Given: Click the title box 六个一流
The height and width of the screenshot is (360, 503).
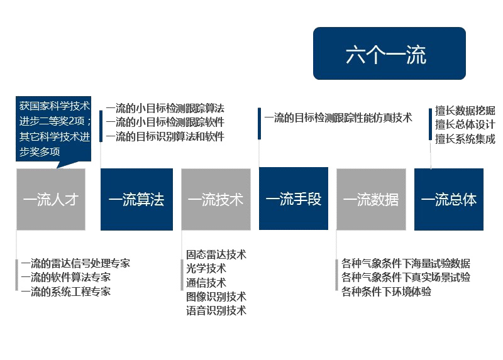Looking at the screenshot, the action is [x=389, y=53].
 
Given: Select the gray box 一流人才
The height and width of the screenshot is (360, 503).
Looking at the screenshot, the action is [x=51, y=199].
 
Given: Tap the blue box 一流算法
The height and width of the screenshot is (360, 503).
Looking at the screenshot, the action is [x=136, y=199].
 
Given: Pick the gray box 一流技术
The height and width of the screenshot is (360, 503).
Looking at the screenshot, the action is [x=216, y=199].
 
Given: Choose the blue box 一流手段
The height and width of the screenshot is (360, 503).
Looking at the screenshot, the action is [x=294, y=199].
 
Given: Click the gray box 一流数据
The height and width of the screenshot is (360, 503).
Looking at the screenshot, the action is [x=371, y=199].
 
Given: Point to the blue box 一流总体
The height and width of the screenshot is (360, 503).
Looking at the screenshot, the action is [x=449, y=199].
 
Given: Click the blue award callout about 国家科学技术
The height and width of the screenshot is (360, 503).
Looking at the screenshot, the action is [x=53, y=129].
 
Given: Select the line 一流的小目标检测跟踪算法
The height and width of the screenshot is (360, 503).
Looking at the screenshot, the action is [x=165, y=108].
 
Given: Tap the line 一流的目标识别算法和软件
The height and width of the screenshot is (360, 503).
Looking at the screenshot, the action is [x=165, y=136].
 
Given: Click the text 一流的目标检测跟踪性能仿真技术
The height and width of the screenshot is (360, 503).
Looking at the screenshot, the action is [x=338, y=118].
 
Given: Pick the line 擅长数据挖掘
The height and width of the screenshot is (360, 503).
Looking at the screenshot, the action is [x=465, y=111].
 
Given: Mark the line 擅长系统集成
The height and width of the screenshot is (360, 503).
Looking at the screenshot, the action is [x=465, y=139].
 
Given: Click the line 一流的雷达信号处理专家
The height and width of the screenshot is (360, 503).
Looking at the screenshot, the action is [x=75, y=263].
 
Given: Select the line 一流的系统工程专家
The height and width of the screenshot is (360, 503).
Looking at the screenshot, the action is [x=66, y=292].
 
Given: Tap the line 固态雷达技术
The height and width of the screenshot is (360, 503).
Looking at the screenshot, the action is [x=216, y=254].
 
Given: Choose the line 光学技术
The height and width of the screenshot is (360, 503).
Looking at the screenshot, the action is [x=206, y=269].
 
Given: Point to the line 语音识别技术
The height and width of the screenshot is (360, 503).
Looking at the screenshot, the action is [x=216, y=310].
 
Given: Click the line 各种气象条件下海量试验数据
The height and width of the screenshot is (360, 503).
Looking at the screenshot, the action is [x=406, y=263].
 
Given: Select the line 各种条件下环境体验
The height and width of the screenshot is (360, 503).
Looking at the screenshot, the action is [x=386, y=292].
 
